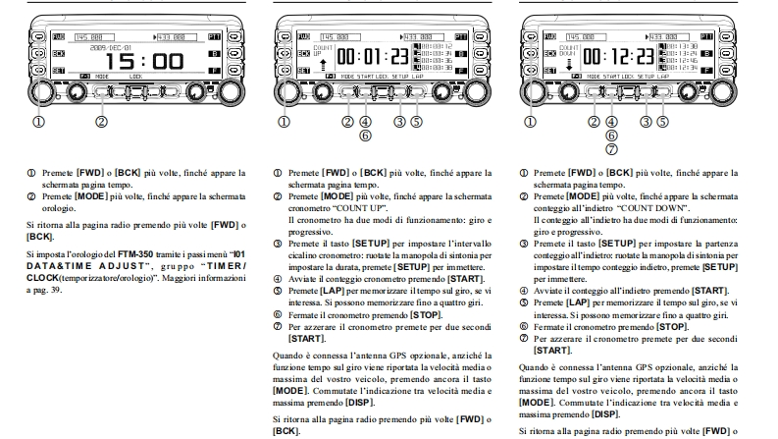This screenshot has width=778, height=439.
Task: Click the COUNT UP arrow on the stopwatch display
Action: (325, 65)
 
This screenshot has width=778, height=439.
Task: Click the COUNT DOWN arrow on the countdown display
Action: (570, 65)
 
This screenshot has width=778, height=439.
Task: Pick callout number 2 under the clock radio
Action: (100, 122)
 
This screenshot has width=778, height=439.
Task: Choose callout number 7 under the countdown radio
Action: (611, 148)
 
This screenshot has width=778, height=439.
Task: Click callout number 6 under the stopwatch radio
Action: (365, 136)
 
